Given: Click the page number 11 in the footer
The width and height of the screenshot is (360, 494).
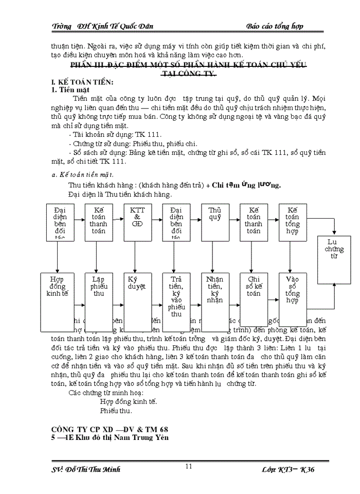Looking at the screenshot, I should tap(189, 466).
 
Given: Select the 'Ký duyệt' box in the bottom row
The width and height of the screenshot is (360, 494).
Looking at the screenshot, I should tap(137, 301).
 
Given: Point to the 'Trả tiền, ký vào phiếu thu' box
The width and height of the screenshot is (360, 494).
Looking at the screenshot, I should tap(176, 301).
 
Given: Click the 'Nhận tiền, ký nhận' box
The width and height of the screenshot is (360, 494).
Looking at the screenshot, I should tap(215, 301).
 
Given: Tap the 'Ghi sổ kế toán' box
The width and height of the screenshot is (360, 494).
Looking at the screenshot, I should tap(254, 301).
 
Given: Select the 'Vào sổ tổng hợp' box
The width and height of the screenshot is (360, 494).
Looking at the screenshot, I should tap(293, 301).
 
